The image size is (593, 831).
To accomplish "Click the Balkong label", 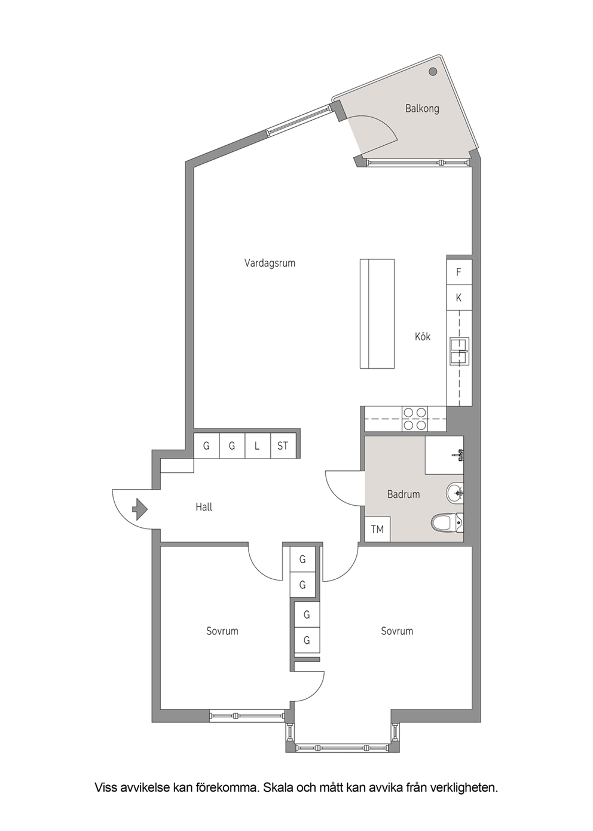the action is (422, 109).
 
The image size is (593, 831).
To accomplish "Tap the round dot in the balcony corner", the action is (433, 72).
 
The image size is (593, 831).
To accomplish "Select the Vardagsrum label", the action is (270, 263).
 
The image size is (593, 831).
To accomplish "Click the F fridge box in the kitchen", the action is (459, 272).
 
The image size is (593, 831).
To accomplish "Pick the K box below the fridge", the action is (459, 298).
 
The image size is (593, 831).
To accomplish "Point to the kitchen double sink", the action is (460, 351).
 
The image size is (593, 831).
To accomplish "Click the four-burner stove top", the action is (415, 418).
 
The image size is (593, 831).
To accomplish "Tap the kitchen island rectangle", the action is (377, 313).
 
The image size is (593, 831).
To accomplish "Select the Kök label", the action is (423, 337).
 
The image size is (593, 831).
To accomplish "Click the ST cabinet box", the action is (283, 445).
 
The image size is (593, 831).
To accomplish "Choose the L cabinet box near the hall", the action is (258, 445).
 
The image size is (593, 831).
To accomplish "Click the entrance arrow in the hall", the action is (140, 509).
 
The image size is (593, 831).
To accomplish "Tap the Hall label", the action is (204, 507).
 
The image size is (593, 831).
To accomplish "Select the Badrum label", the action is (404, 494).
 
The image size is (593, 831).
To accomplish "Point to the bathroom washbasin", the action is (454, 493).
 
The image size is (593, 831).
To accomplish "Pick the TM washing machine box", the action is (378, 529).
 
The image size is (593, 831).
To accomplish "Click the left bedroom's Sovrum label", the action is (222, 631).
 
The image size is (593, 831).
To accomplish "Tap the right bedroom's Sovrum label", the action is (397, 631).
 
